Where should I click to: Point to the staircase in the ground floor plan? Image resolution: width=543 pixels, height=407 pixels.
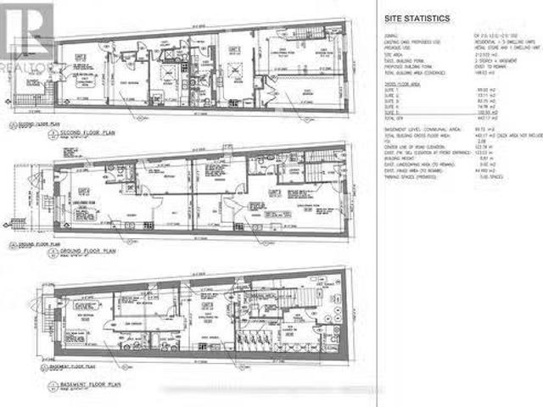(327, 174)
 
